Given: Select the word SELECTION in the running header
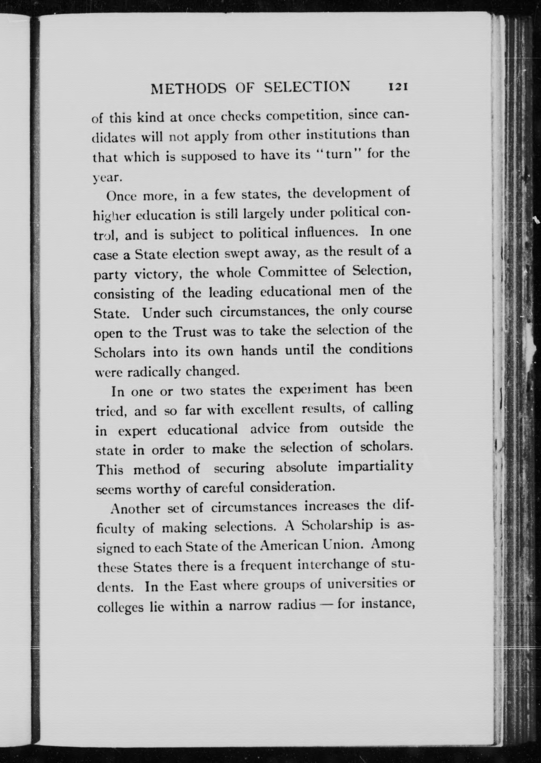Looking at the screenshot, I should (307, 88).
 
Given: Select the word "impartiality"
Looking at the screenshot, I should (375, 467).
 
